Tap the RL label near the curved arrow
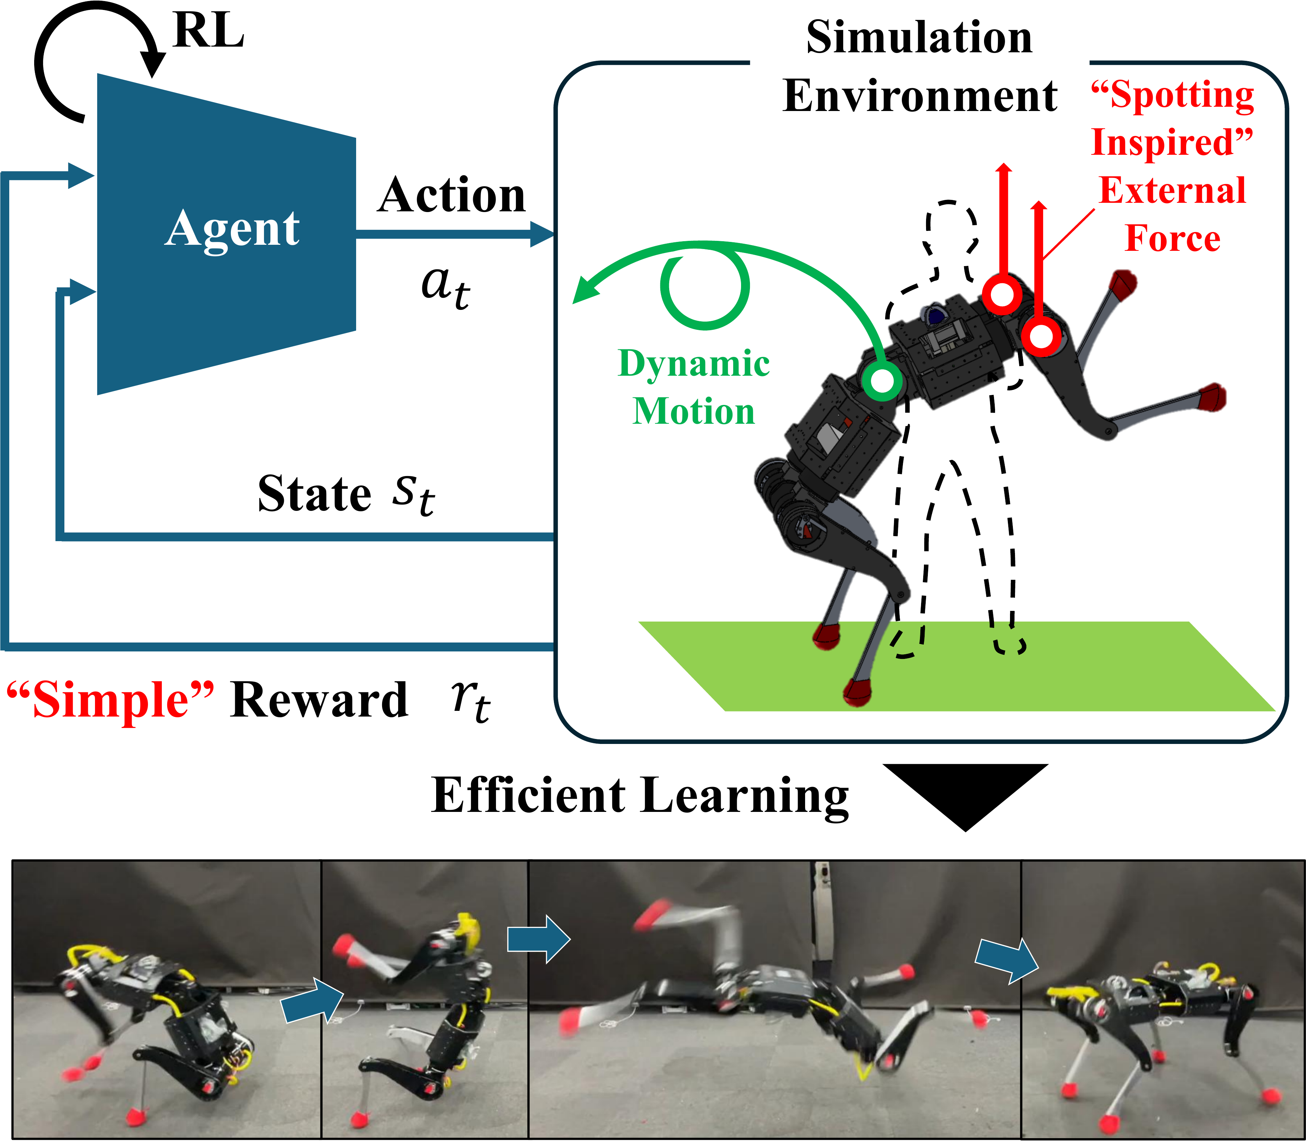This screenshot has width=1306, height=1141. click(208, 31)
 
